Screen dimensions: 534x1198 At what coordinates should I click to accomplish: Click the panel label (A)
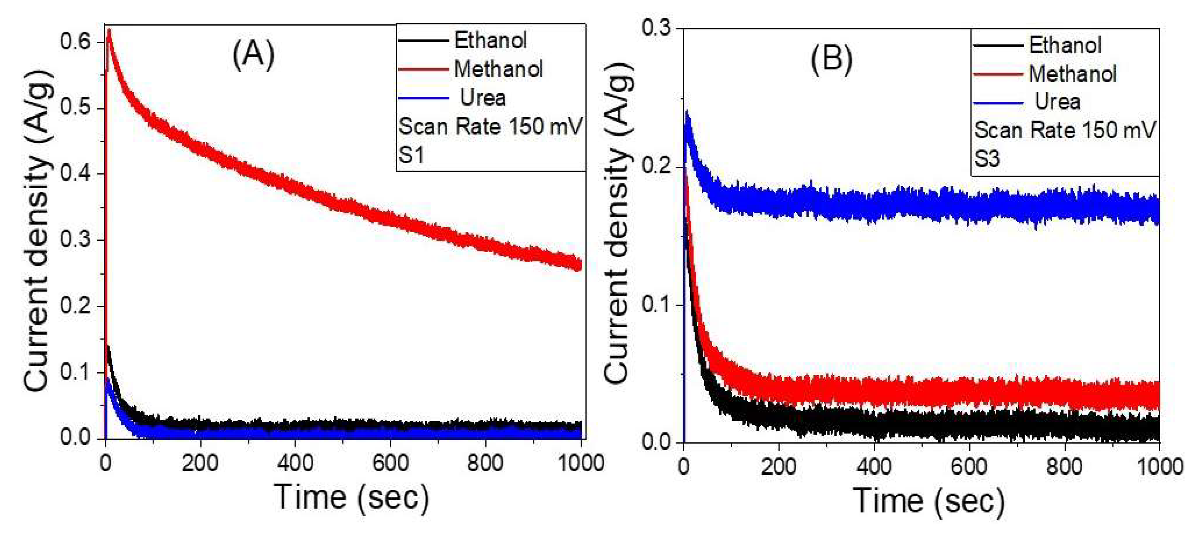(253, 54)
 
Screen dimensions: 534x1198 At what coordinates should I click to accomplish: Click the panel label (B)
(832, 59)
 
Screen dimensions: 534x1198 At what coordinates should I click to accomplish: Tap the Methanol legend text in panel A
(498, 69)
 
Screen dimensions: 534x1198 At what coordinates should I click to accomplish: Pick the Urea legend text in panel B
(1057, 102)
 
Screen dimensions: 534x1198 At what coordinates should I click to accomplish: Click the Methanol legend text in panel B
(1072, 74)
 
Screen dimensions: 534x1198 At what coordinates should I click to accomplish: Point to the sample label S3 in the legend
(987, 159)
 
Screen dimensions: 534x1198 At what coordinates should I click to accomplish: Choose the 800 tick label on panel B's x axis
(1064, 466)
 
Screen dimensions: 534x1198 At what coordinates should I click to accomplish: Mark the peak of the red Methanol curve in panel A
(109, 31)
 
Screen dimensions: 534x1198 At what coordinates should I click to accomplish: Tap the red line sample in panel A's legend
(423, 70)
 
